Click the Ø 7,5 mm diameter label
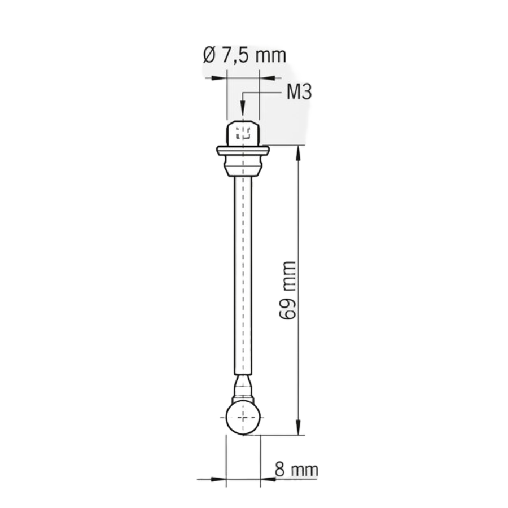[244, 55]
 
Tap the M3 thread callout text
[299, 92]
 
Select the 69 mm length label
[288, 290]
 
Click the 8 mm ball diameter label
[296, 470]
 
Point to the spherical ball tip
[243, 418]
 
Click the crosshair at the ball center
[243, 418]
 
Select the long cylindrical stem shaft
[243, 275]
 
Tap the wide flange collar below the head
[243, 151]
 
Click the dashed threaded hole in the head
[243, 133]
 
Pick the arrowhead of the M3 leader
[243, 107]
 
